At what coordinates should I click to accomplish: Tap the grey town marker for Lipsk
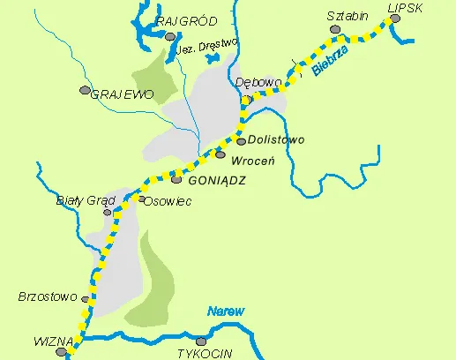pyautogui.click(x=394, y=18)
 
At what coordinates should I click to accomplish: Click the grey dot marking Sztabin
pyautogui.click(x=334, y=29)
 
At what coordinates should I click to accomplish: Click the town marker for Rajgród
pyautogui.click(x=169, y=36)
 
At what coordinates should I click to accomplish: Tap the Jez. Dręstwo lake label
pyautogui.click(x=209, y=49)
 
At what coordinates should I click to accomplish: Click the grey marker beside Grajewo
pyautogui.click(x=85, y=90)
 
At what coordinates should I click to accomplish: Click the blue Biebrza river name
pyautogui.click(x=329, y=65)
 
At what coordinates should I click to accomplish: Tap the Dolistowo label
pyautogui.click(x=275, y=139)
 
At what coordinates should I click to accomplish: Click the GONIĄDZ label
pyautogui.click(x=216, y=179)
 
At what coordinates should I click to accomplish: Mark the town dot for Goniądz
pyautogui.click(x=176, y=180)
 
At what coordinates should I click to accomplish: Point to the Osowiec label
pyautogui.click(x=168, y=200)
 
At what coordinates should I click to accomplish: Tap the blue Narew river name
pyautogui.click(x=225, y=311)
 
